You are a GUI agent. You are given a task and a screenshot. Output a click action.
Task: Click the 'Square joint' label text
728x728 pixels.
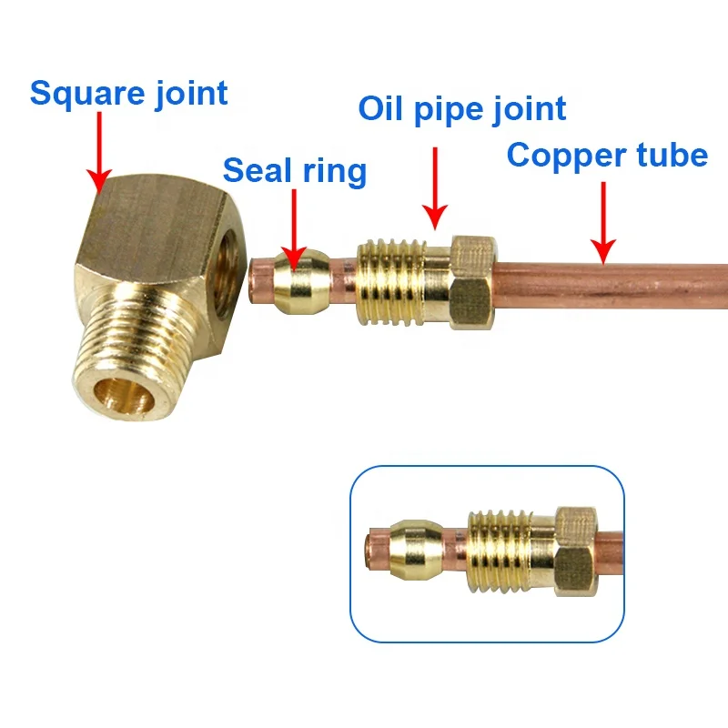[128, 93]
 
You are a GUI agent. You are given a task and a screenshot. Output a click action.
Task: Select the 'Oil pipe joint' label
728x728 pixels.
[461, 108]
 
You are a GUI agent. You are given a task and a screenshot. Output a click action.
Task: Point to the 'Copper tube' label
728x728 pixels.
[607, 155]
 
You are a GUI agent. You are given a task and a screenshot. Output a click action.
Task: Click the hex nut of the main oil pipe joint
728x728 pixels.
[471, 281]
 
